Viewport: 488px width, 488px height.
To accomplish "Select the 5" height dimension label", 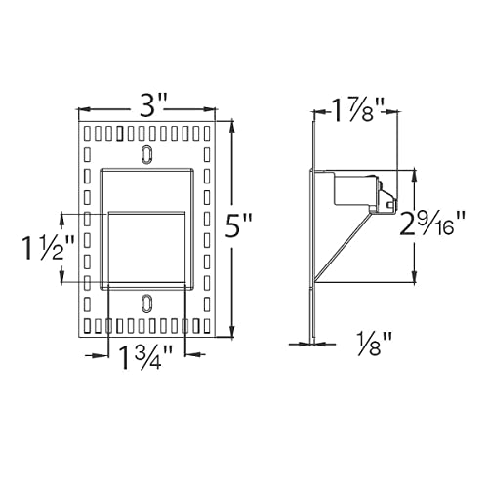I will pos(239,228).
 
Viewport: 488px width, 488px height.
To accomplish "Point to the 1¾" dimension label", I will pos(146,357).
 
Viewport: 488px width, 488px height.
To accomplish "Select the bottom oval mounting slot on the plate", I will pos(147,303).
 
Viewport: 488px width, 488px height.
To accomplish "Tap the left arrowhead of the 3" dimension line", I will pos(80,109).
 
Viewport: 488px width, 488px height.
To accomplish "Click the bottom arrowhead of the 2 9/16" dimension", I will pos(417,273).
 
